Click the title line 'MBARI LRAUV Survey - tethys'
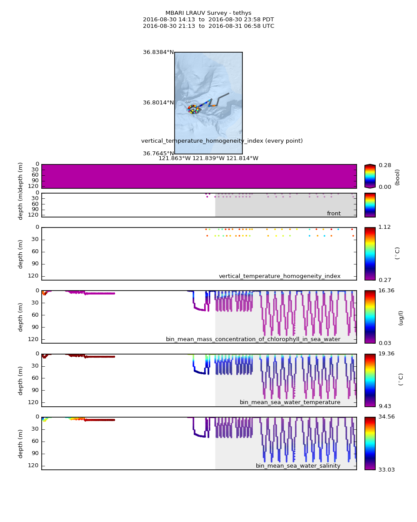click(x=208, y=13)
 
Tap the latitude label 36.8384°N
click(x=158, y=52)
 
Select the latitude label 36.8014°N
click(x=158, y=103)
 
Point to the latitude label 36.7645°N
click(x=158, y=154)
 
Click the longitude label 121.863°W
click(x=174, y=158)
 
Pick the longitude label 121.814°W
click(x=242, y=158)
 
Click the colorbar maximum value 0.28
click(x=385, y=165)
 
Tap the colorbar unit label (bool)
click(x=397, y=177)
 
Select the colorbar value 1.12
click(x=385, y=227)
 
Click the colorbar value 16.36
click(x=386, y=291)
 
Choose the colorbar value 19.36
click(x=386, y=354)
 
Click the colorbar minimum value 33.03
click(x=386, y=470)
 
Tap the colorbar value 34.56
click(x=386, y=417)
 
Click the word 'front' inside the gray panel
click(x=334, y=214)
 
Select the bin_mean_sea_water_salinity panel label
click(x=298, y=466)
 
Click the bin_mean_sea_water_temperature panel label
click(x=290, y=402)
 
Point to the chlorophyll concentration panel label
click(x=253, y=339)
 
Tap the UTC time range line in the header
click(x=208, y=26)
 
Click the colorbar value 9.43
click(x=385, y=406)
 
